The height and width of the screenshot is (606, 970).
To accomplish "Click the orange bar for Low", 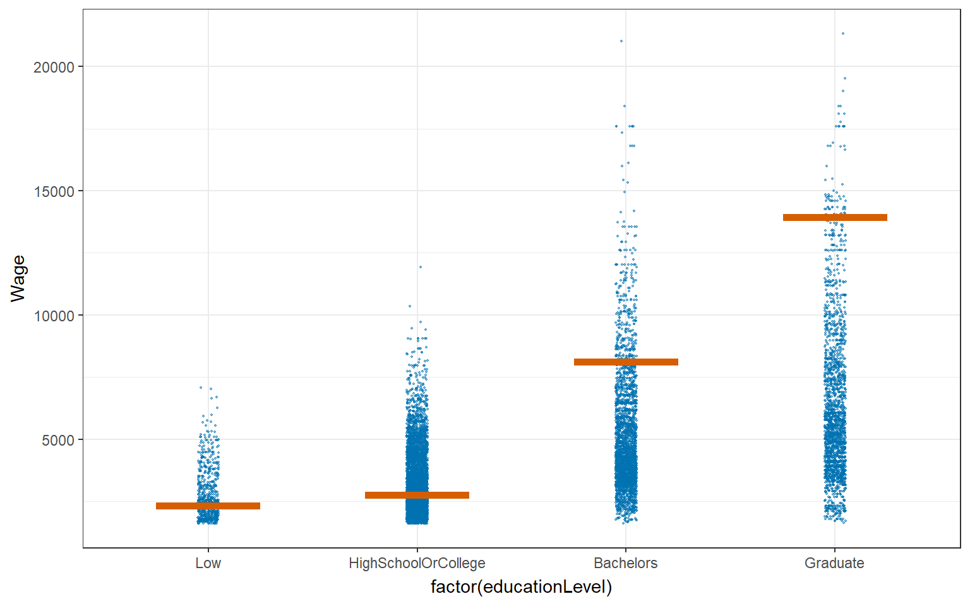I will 208,506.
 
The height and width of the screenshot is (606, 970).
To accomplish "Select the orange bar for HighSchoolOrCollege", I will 417,495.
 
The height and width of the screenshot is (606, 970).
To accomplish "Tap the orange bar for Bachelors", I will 626,362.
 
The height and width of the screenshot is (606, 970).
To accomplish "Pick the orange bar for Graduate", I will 835,217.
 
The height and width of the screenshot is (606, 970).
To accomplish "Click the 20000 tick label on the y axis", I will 54,67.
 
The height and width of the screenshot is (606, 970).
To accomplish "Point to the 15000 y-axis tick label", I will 54,191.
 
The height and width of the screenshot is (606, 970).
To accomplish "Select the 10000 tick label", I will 54,316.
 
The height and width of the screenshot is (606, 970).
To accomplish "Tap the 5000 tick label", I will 58,440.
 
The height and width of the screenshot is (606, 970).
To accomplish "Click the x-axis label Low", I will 208,563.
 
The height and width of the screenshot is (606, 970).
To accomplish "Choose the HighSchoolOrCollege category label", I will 417,563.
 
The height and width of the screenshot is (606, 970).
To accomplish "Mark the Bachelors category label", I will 626,563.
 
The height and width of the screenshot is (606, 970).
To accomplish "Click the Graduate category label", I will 834,563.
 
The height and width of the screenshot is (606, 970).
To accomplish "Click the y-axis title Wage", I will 18,278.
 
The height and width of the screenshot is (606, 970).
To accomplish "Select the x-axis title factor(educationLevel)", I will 521,587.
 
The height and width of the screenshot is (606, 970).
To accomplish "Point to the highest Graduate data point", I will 843,33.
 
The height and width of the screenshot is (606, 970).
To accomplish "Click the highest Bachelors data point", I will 621,41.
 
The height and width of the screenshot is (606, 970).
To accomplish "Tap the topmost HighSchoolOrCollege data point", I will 421,267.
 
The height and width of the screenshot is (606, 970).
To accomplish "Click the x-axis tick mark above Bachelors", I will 626,550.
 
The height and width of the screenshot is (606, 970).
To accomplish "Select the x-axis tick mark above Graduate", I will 835,550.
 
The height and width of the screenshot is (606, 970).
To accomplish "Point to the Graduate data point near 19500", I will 845,78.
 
